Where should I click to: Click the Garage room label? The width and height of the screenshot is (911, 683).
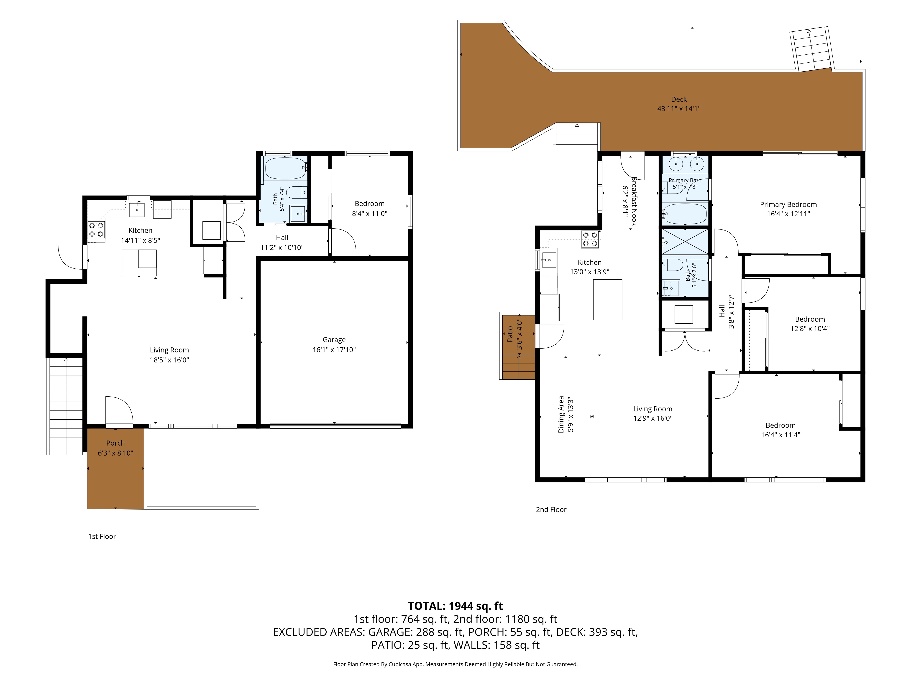click(x=334, y=340)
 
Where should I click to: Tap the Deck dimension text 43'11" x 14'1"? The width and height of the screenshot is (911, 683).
click(x=679, y=109)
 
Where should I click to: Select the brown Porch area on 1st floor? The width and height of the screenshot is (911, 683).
click(x=115, y=469)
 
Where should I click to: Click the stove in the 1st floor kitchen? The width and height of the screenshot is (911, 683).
click(x=96, y=230)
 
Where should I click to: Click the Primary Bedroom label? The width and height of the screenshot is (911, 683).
click(x=788, y=205)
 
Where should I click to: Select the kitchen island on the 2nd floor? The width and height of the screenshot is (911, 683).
click(x=607, y=299)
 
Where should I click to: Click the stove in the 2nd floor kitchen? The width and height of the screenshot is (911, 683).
click(x=590, y=239)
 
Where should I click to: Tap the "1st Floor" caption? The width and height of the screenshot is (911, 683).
click(x=102, y=536)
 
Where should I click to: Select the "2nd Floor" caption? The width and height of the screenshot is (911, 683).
click(x=551, y=510)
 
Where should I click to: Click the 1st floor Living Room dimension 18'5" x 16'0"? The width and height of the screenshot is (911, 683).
click(x=169, y=360)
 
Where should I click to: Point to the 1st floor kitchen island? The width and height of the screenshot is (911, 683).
click(x=139, y=263)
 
